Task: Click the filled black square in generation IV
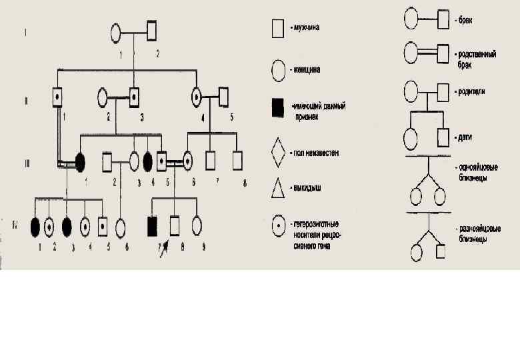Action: pos(153,226)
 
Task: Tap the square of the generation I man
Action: pos(153,31)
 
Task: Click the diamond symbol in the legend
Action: pos(279,153)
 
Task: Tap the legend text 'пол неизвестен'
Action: pos(315,153)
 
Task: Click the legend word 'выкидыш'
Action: pos(307,188)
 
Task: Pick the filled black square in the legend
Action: pos(279,105)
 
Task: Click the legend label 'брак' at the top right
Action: pos(465,21)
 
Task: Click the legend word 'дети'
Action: pos(465,137)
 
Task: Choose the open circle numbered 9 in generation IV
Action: pos(197,226)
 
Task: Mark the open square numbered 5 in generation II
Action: pos(223,97)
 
